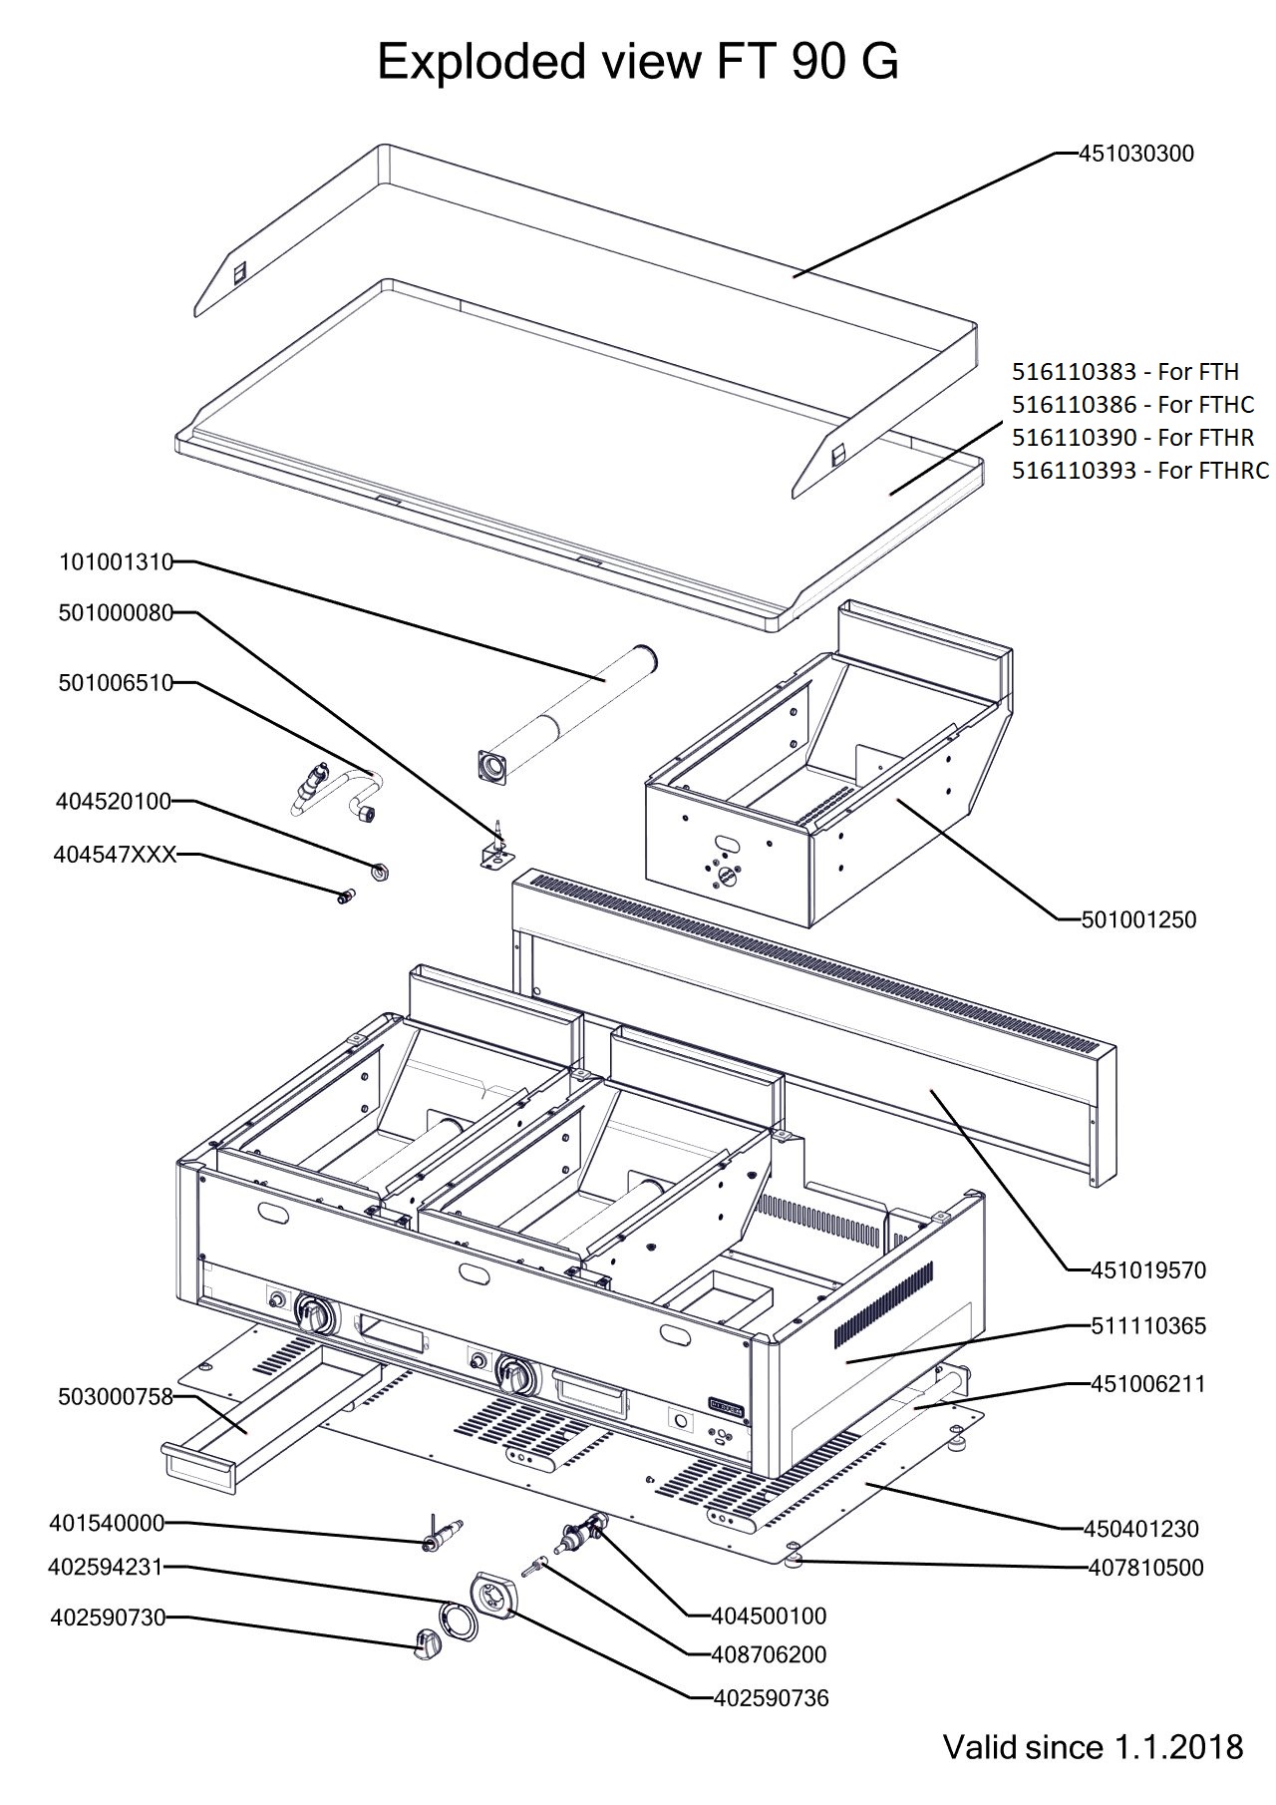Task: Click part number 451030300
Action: click(x=1136, y=154)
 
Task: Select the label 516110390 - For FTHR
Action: click(x=1132, y=437)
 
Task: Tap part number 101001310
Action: click(x=116, y=562)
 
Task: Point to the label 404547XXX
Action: click(x=117, y=855)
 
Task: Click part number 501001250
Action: click(x=1139, y=919)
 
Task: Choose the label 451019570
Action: click(x=1148, y=1270)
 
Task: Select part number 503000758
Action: click(x=116, y=1397)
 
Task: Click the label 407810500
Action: click(x=1145, y=1568)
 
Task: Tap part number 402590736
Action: click(x=772, y=1697)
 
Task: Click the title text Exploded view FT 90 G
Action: click(x=638, y=63)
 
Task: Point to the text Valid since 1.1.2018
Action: click(x=1094, y=1746)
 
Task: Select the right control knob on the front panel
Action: click(x=516, y=1377)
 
